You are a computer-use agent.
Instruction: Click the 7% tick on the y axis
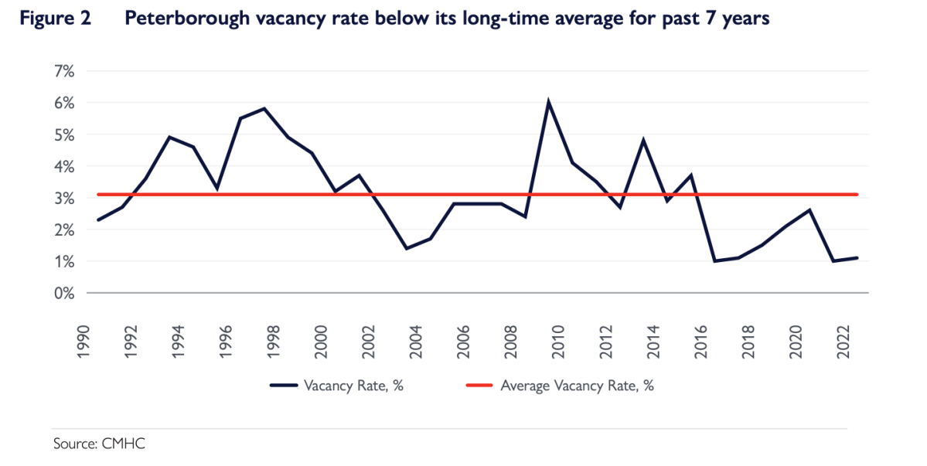(x=63, y=71)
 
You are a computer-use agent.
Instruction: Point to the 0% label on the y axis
(x=63, y=294)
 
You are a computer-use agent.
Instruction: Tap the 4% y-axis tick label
(x=63, y=166)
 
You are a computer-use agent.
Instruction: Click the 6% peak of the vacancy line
(x=548, y=102)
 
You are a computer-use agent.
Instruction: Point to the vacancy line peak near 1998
(x=264, y=108)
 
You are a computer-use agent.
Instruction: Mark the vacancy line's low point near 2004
(x=407, y=248)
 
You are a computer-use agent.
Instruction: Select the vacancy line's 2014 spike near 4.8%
(x=643, y=140)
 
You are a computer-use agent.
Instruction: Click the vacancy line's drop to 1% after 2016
(x=714, y=261)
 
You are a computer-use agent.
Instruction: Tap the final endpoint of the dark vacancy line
(x=857, y=258)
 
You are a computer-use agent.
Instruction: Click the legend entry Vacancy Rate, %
(x=354, y=386)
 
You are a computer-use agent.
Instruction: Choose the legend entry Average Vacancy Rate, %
(x=576, y=386)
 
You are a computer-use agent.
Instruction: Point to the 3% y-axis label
(x=63, y=198)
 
